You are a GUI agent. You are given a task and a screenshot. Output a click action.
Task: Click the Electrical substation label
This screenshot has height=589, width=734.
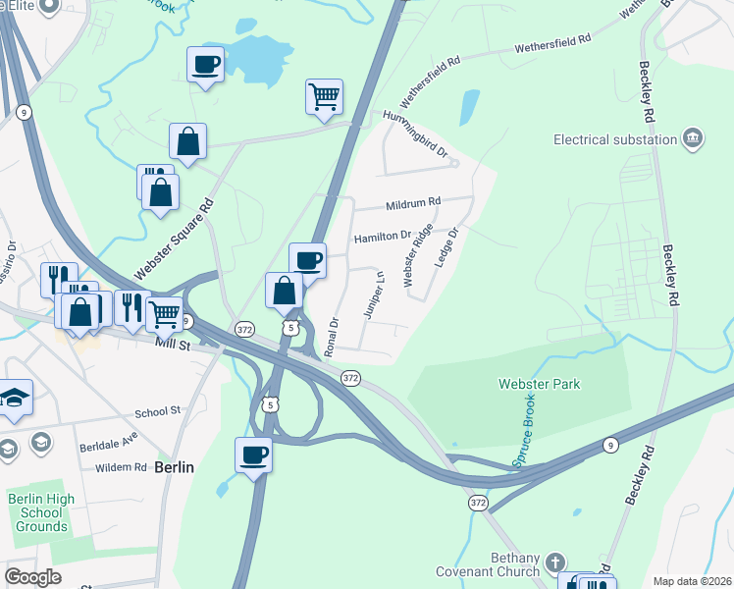[x=615, y=139]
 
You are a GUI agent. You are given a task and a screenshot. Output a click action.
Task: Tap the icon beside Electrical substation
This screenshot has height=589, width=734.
[x=693, y=137]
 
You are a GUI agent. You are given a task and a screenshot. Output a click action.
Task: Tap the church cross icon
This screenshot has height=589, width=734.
[x=554, y=562]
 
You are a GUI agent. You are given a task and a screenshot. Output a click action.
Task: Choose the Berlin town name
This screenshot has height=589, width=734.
[x=174, y=467]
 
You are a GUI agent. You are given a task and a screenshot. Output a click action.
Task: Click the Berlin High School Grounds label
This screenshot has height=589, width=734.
[x=41, y=512]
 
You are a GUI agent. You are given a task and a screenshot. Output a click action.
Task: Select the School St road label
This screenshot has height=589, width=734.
[x=158, y=412]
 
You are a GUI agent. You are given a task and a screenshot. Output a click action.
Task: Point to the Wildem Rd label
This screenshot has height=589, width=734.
[x=121, y=467]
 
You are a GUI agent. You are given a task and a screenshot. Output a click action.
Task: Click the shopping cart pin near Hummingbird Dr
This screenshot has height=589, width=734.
[x=324, y=97]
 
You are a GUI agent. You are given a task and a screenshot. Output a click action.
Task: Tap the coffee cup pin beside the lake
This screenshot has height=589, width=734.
[x=206, y=65]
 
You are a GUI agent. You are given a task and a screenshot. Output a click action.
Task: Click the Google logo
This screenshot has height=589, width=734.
[x=32, y=578]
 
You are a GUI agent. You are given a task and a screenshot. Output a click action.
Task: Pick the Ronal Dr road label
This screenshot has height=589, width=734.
[x=334, y=335]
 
